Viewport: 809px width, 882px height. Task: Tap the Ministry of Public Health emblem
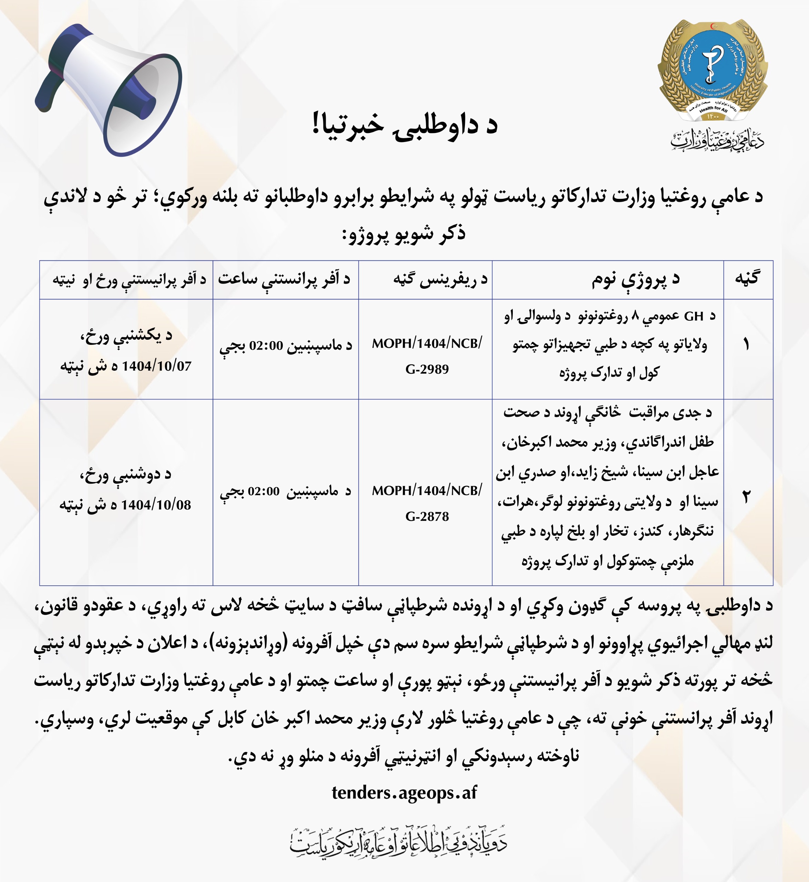[x=712, y=70]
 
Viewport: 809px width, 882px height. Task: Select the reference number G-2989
[x=427, y=369]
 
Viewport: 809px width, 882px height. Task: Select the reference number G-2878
[x=427, y=516]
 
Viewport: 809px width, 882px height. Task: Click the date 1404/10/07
[x=156, y=366]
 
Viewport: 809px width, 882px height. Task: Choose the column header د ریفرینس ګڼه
[x=440, y=279]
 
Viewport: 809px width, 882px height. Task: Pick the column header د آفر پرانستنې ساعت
[x=284, y=279]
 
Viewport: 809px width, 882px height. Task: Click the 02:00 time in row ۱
[x=266, y=346]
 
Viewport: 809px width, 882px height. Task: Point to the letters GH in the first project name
[x=693, y=316]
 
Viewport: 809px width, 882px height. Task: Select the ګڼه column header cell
[x=748, y=279]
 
